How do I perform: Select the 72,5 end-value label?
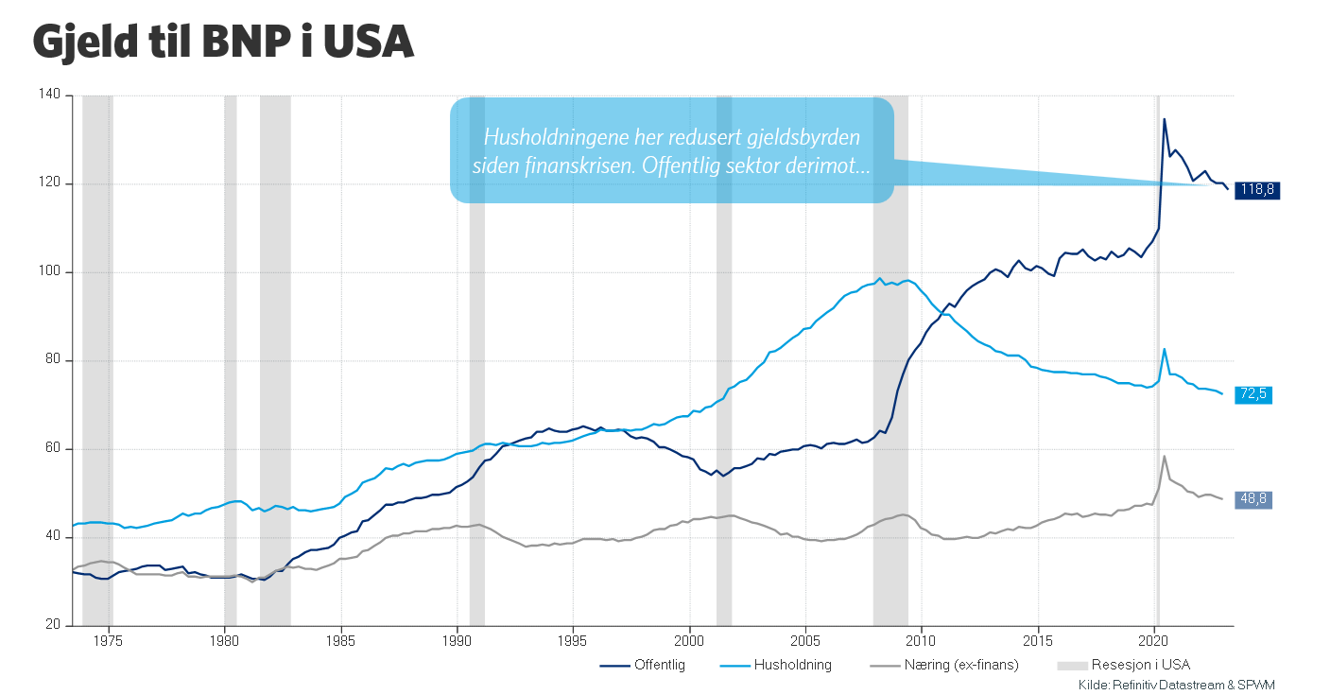(x=1253, y=394)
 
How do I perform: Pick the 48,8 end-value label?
(x=1253, y=500)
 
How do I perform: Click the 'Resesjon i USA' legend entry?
(x=1131, y=665)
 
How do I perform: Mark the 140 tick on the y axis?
(x=50, y=96)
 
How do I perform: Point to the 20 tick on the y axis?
(x=53, y=626)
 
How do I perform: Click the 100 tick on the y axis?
(x=50, y=272)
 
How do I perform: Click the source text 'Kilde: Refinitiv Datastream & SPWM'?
(x=1183, y=685)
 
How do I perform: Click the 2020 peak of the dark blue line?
(x=1164, y=119)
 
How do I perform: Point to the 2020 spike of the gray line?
(x=1164, y=457)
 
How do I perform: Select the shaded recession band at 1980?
(x=230, y=359)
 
